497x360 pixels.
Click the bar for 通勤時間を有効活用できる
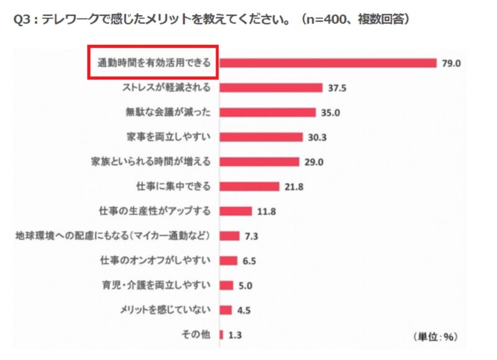pyautogui.click(x=328, y=63)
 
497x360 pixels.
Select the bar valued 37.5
pyautogui.click(x=271, y=88)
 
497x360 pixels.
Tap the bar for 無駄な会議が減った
pyautogui.click(x=268, y=113)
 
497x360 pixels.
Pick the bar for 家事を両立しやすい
pyautogui.click(x=261, y=137)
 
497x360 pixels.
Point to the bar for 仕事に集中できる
pyautogui.click(x=249, y=187)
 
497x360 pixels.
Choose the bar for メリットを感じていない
pyautogui.click(x=226, y=310)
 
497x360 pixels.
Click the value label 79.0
pyautogui.click(x=450, y=63)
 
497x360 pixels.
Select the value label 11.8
pyautogui.click(x=267, y=211)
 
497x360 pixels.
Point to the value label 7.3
pyautogui.click(x=251, y=236)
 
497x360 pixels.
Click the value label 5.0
pyautogui.click(x=245, y=285)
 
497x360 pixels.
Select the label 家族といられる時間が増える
pyautogui.click(x=151, y=162)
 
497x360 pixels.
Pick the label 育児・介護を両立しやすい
pyautogui.click(x=157, y=285)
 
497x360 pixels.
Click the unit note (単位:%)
pyautogui.click(x=435, y=336)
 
